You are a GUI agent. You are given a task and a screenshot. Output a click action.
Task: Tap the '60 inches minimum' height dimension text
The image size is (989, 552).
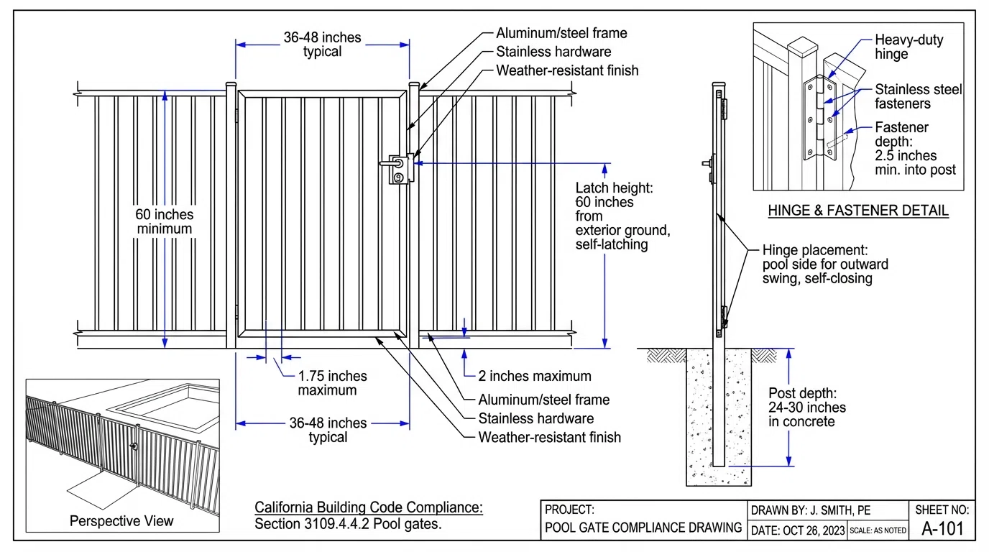[x=165, y=221]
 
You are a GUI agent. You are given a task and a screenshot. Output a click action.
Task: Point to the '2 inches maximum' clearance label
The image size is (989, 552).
[x=535, y=376]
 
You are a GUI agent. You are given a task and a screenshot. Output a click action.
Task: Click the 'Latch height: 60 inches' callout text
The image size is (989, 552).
[x=622, y=216]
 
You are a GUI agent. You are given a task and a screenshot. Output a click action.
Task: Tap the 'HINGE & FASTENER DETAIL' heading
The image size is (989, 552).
[x=858, y=211]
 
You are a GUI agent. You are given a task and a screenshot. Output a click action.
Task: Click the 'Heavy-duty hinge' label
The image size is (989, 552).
[x=908, y=47]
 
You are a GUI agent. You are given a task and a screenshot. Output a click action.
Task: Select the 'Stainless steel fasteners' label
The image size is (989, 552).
[x=918, y=96]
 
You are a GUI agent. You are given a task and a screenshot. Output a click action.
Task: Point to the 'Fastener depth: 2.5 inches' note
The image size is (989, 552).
[x=915, y=148]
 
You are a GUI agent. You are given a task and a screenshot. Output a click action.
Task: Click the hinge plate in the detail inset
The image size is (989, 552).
[x=811, y=119]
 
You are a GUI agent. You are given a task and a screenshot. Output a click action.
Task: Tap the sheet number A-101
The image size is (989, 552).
[x=942, y=529]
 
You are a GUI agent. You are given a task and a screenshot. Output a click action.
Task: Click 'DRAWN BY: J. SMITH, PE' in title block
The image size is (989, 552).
[x=811, y=510]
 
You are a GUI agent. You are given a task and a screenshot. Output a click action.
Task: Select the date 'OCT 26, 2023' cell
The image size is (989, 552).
[x=797, y=530]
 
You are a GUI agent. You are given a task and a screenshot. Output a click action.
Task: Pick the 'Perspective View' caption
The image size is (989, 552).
[x=121, y=521]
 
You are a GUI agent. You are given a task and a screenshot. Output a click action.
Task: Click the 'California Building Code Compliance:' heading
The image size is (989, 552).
[x=369, y=507]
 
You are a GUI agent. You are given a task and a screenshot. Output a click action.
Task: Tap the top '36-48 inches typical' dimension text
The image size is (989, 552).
[x=322, y=44]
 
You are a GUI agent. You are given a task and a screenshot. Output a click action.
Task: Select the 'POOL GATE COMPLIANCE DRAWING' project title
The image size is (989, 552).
[x=643, y=528]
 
